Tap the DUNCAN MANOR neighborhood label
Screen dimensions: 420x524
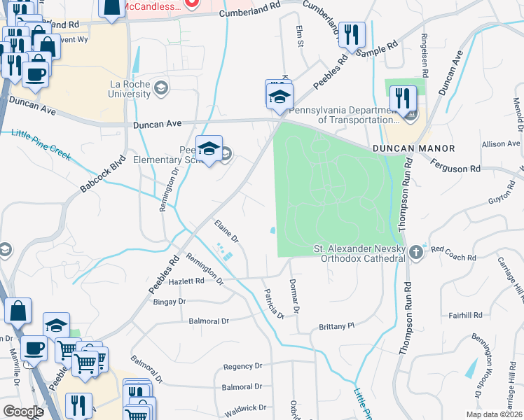click(413, 148)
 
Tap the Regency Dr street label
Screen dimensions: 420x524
click(242, 366)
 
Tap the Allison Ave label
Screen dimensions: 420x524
click(501, 144)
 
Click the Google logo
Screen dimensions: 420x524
click(23, 412)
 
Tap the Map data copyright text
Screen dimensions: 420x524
click(495, 414)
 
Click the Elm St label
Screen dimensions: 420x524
click(299, 32)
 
